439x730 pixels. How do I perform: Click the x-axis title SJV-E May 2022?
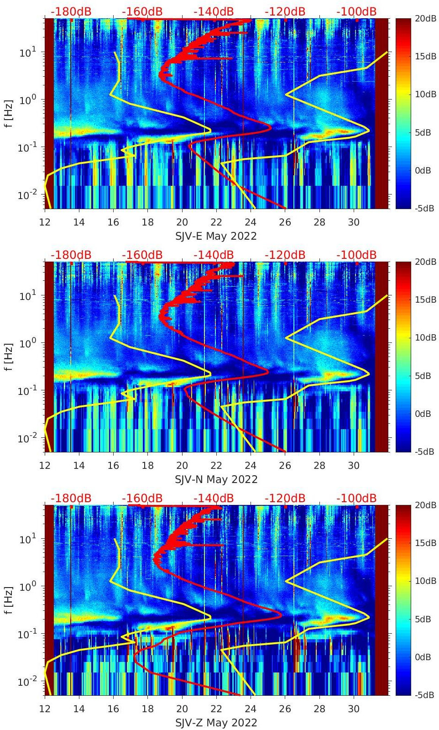216,236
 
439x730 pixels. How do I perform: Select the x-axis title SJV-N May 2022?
216,479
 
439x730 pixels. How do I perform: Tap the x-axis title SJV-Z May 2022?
216,723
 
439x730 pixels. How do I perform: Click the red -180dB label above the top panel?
71,11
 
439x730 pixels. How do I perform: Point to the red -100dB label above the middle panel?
356,255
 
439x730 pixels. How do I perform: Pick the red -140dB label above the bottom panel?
214,498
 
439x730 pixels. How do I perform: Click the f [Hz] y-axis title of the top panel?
9,114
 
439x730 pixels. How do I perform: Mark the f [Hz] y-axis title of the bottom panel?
9,600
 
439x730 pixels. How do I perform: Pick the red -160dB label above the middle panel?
142,255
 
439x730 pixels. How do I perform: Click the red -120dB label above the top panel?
285,11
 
